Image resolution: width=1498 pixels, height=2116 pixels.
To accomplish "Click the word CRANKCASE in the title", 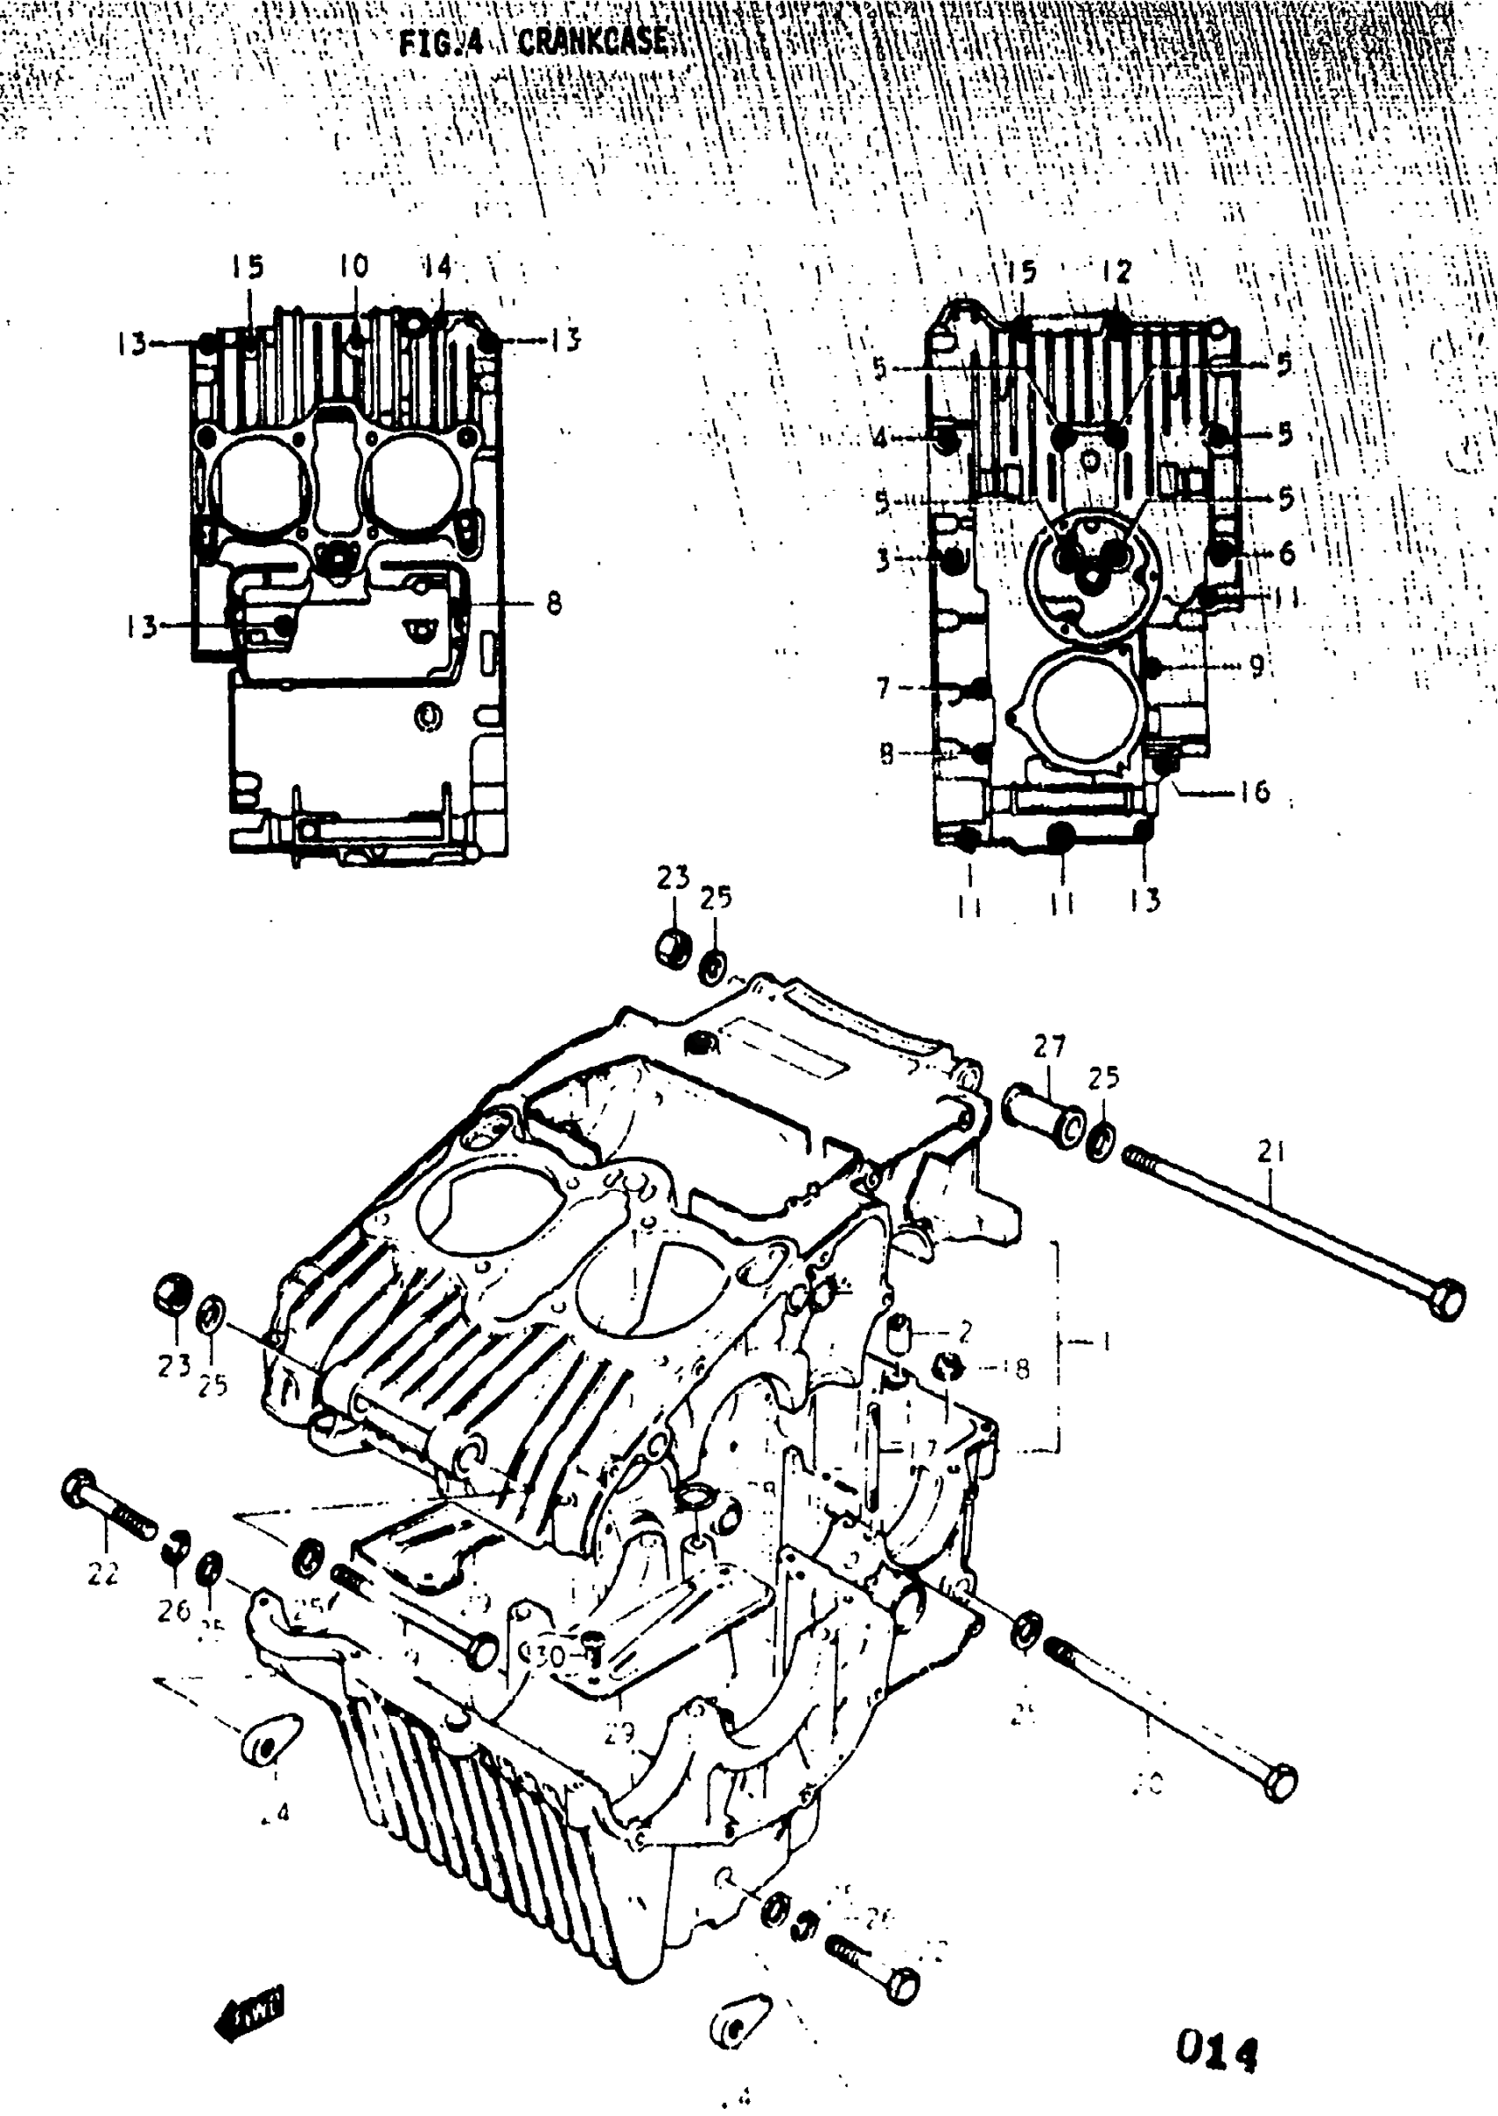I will pos(593,41).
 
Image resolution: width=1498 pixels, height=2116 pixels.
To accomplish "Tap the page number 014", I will pos(1216,2052).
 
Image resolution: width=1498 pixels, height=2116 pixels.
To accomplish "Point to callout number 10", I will pos(352,266).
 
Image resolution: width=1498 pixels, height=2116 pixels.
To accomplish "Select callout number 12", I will pos(1116,271).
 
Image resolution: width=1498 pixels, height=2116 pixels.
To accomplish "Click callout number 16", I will pos(1255,791).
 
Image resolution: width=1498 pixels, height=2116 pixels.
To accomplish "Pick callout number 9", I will pos(1257,666).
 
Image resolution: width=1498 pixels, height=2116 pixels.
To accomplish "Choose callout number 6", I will pos(1287,553).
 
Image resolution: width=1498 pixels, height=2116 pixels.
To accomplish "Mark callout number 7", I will pos(883,688).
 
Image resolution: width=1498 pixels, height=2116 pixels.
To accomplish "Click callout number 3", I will pos(883,559).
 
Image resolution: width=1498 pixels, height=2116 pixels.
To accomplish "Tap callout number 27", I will pos(1049,1047).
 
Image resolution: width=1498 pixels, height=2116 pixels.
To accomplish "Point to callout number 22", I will pos(102,1574).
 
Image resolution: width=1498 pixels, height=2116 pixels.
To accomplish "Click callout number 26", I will pos(173,1609).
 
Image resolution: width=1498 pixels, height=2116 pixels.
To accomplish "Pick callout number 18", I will pos(1018,1369).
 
